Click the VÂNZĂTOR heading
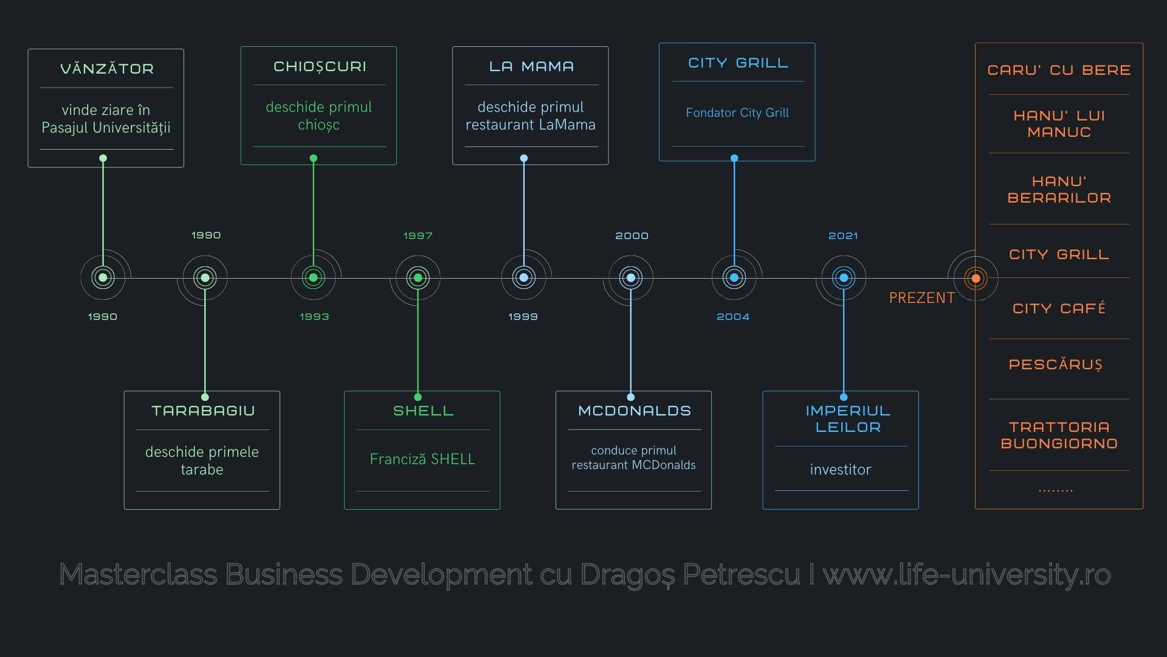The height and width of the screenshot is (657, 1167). click(106, 69)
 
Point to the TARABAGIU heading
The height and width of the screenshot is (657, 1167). click(203, 411)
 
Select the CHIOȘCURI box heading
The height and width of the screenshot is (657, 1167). click(320, 66)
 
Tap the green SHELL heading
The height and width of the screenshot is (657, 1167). click(423, 411)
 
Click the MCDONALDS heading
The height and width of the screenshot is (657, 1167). click(634, 411)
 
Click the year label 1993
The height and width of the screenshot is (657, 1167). click(314, 317)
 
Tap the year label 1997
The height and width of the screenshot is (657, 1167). click(418, 236)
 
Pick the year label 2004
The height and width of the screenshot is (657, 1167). click(733, 317)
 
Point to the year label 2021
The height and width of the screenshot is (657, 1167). click(843, 236)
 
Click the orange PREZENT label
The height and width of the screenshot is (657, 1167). click(921, 298)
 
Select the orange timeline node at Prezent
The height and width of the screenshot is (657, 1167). click(976, 278)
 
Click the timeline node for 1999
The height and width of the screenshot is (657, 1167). click(524, 278)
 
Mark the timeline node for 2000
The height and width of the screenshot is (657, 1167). click(631, 278)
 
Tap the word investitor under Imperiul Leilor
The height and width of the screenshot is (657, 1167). click(840, 470)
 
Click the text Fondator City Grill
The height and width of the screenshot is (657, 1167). click(737, 113)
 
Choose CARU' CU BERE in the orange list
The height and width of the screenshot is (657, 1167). click(1059, 70)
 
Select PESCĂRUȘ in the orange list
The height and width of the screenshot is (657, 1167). click(1055, 364)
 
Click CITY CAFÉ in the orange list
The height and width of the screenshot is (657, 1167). click(1059, 308)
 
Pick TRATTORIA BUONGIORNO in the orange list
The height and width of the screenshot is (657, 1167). click(1059, 435)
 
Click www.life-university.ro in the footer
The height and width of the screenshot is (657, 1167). click(967, 574)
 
